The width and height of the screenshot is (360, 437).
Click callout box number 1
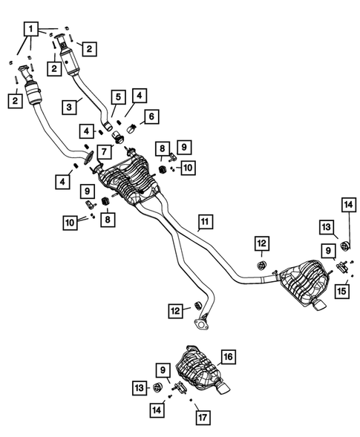pos(30,30)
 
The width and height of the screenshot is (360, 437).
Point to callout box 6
pos(151,116)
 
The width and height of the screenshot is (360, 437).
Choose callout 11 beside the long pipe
pos(205,220)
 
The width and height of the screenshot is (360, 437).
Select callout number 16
pos(228,358)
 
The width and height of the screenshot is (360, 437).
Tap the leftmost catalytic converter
pos(33,95)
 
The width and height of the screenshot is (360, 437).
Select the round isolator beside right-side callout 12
pos(261,265)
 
